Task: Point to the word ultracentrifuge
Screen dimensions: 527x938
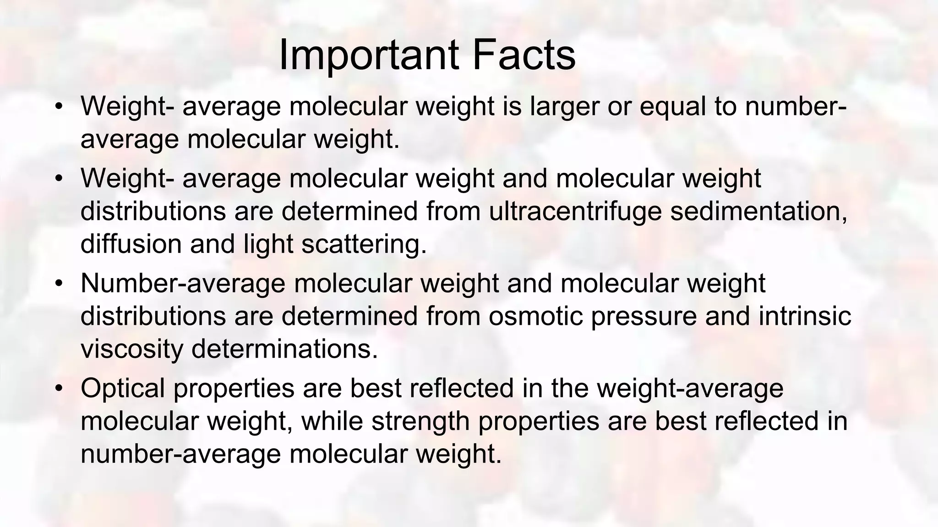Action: tap(575, 211)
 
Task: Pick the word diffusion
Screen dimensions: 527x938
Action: tap(131, 244)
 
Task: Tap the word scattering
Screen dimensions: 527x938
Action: tap(364, 245)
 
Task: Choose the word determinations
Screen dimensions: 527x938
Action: tap(284, 349)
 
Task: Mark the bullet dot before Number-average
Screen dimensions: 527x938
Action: tap(58, 284)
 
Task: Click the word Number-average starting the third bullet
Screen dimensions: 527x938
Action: tap(183, 284)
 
